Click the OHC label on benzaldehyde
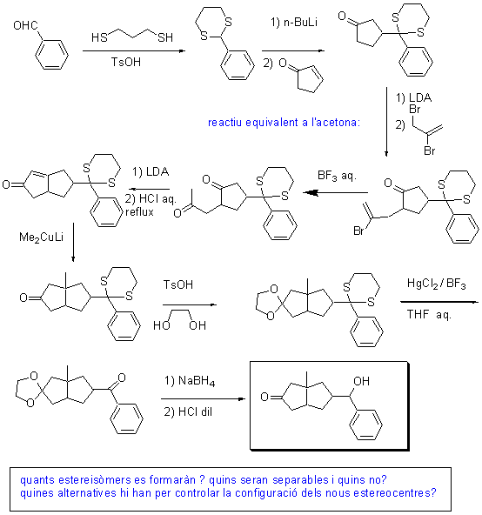[25, 25]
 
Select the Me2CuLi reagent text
[42, 237]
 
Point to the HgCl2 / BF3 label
[437, 284]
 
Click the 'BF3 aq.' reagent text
[337, 176]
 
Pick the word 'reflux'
[139, 212]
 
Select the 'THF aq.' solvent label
[429, 314]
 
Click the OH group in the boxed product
[361, 381]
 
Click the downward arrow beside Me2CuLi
[73, 243]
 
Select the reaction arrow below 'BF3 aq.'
[335, 192]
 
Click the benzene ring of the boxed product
[365, 425]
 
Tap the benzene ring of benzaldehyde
[51, 55]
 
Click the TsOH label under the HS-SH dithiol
[126, 62]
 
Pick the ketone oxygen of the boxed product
[264, 397]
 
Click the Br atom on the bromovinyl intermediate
[358, 231]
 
